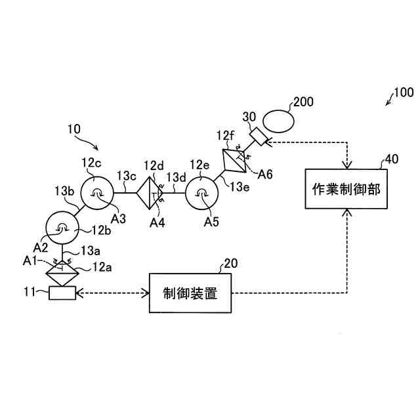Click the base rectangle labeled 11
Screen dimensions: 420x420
62,293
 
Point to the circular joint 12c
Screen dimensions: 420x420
96,192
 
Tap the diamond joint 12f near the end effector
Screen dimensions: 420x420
235,160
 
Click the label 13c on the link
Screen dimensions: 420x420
127,176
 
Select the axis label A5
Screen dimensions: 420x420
211,222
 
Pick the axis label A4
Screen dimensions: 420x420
157,222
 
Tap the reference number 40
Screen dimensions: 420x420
391,159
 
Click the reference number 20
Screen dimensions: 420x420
230,264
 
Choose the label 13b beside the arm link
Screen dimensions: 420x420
64,190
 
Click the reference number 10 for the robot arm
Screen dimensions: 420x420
73,129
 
